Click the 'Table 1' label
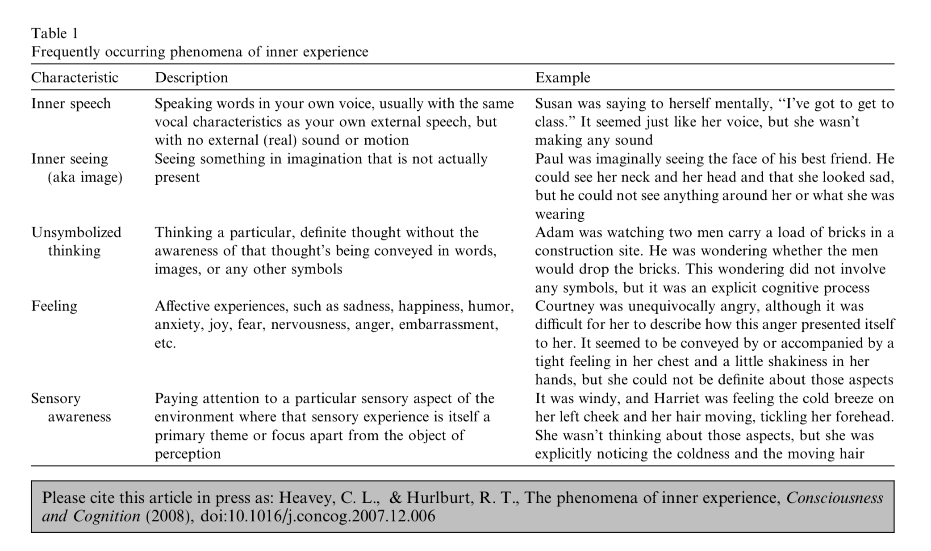click(x=54, y=33)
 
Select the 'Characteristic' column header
click(x=75, y=78)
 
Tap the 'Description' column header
click(x=191, y=78)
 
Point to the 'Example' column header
click(x=563, y=78)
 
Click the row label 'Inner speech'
click(x=71, y=104)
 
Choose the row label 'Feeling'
click(x=54, y=306)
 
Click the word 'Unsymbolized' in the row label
click(x=76, y=232)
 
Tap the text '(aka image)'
click(x=85, y=178)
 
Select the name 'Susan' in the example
click(x=554, y=104)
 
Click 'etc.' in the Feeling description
click(x=165, y=343)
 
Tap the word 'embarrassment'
click(x=448, y=324)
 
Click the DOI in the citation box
click(x=317, y=516)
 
